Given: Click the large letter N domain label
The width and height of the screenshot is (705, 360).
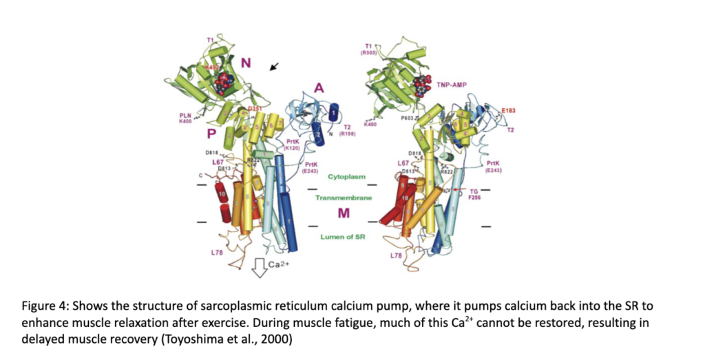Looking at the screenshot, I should pos(245,64).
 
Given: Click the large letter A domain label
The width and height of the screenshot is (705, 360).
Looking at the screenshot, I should pos(319,87).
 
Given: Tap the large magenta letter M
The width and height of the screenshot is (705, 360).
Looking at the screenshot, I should pos(341,214).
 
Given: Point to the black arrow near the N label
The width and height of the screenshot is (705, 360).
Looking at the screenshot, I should pos(275,66).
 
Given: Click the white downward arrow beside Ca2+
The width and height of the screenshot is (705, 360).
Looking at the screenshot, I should pos(260,268).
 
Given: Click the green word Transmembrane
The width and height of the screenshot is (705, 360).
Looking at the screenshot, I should pos(343,198).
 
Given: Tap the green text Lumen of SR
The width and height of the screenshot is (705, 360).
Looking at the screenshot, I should pos(341,237).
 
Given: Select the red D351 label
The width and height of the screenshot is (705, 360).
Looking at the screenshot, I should pos(255,109).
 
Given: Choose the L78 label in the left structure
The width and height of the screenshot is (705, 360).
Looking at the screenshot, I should pos(216,253).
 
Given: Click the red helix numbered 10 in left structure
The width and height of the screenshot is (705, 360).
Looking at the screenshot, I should pos(222,195).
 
